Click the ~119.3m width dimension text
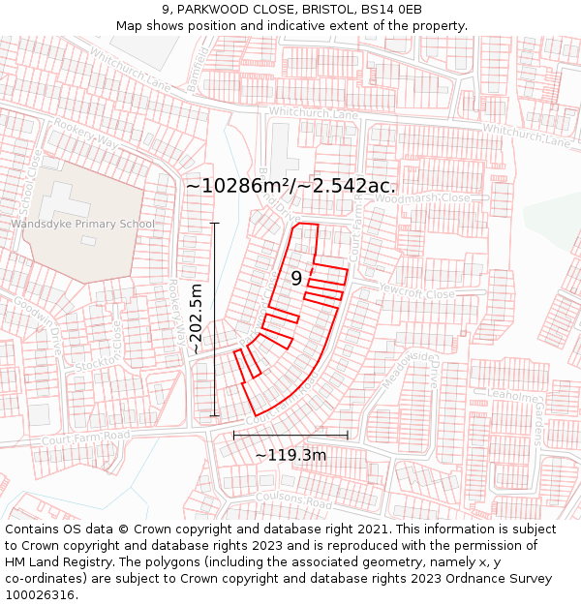290,455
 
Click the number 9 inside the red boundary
297,279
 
